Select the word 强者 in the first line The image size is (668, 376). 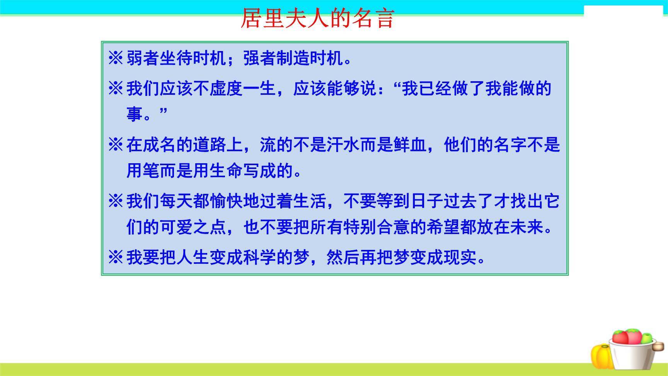[x=259, y=59]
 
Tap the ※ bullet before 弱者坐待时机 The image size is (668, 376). [x=116, y=59]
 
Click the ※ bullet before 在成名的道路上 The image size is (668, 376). [x=116, y=145]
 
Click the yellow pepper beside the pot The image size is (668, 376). [x=601, y=356]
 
